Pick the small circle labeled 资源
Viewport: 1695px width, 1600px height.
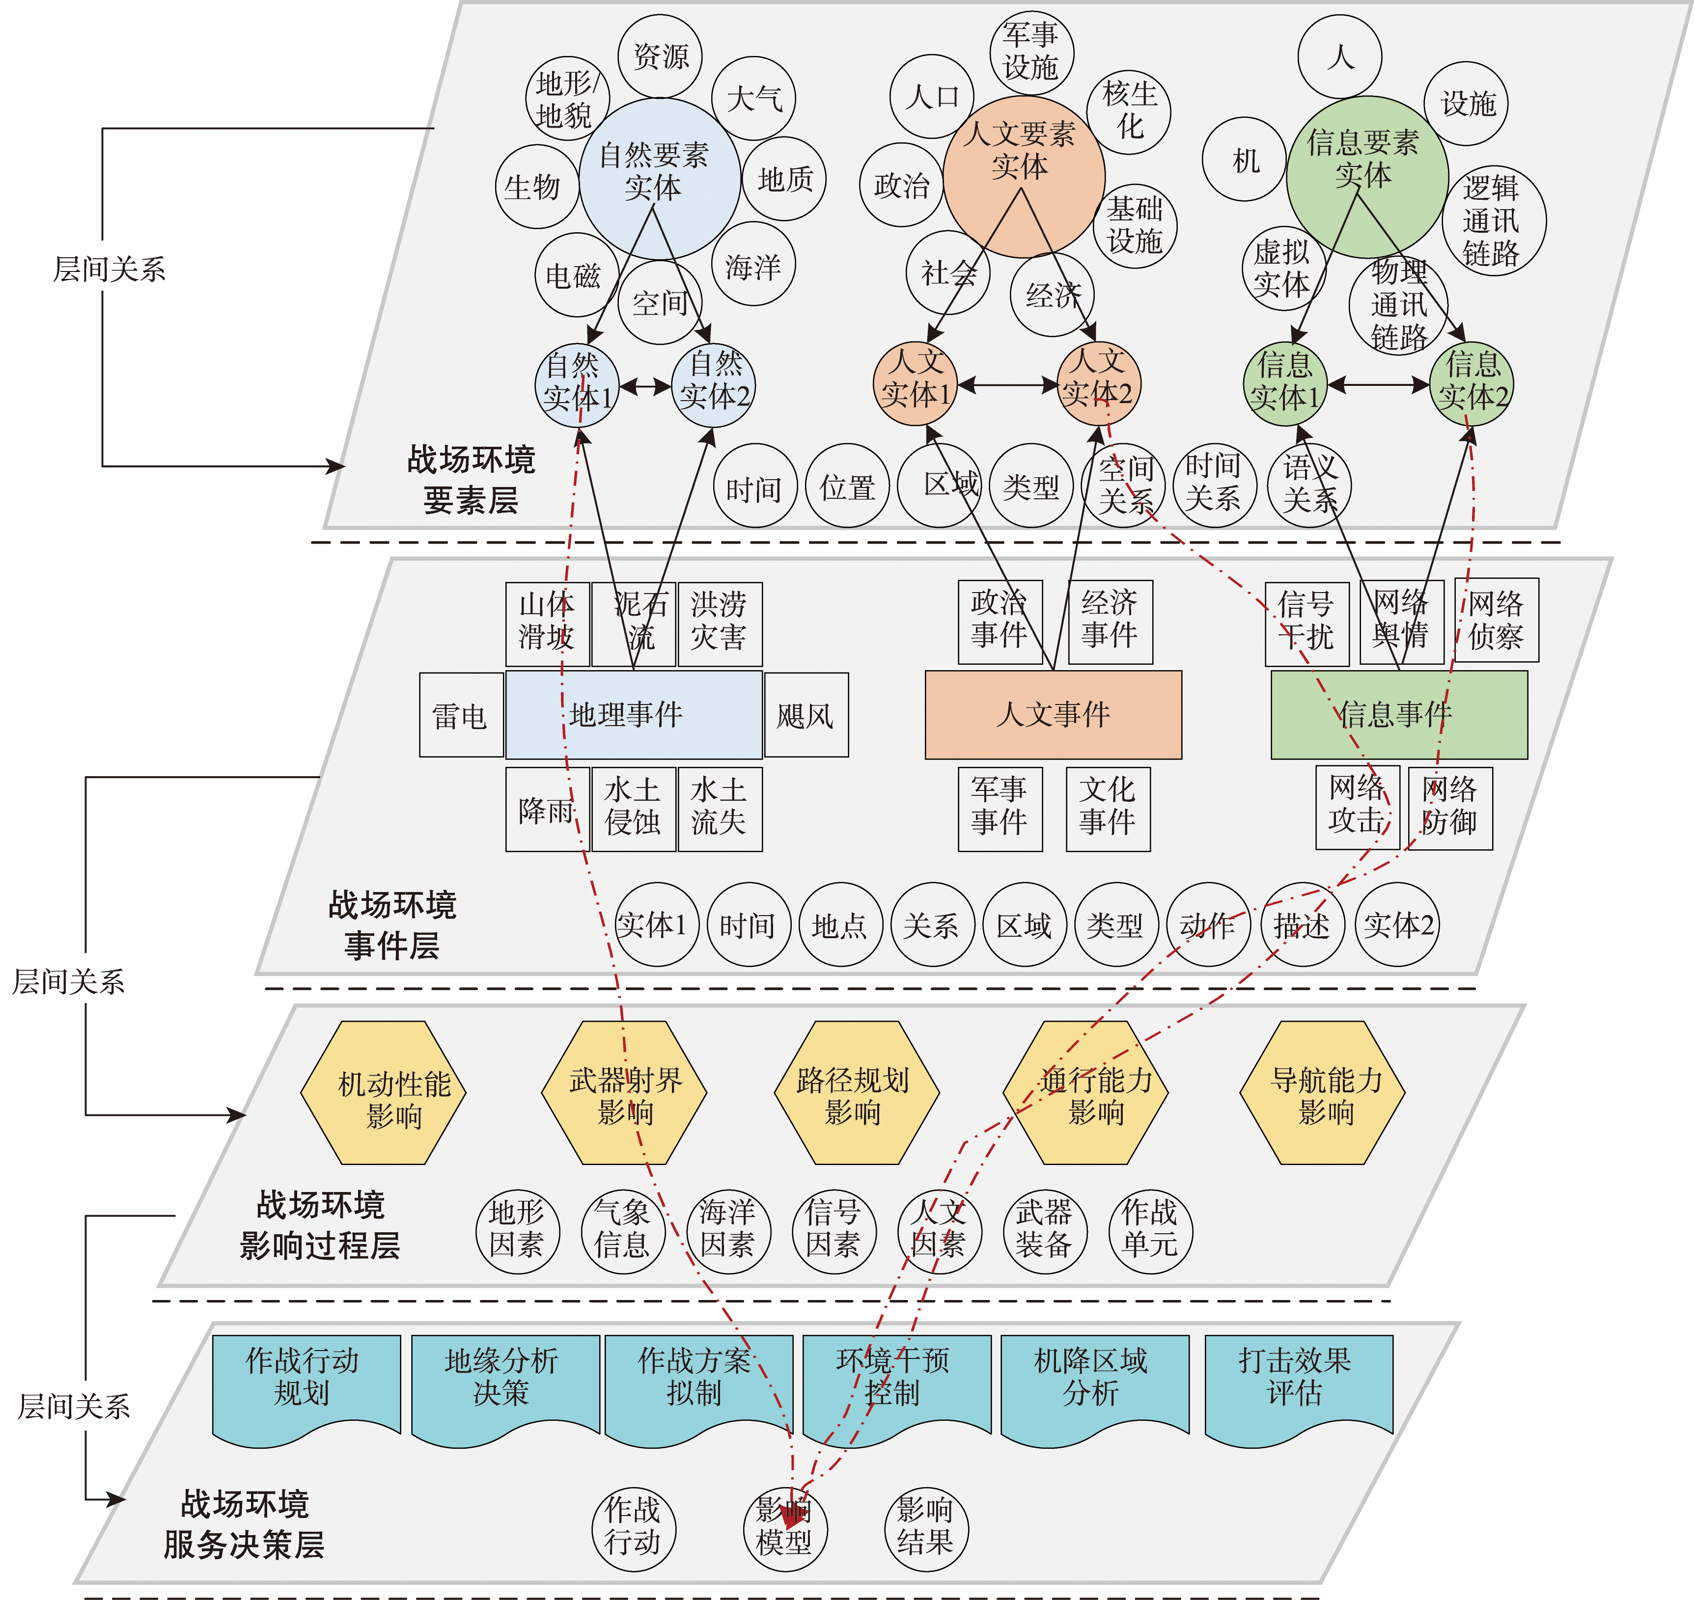point(660,56)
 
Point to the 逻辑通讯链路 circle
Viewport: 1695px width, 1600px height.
point(1492,220)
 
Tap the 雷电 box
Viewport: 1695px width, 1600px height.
point(461,715)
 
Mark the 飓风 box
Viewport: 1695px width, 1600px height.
point(806,715)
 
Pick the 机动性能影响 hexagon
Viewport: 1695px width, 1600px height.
point(384,1092)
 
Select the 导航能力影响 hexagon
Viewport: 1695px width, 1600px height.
point(1322,1092)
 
